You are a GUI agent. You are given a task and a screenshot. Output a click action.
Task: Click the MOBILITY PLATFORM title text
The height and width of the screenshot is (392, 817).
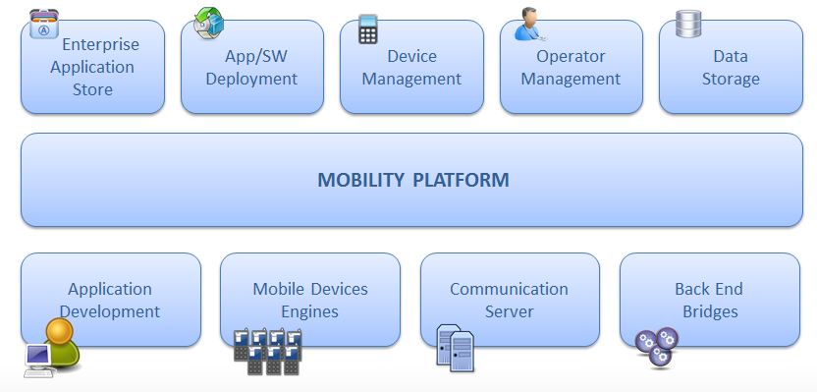click(x=412, y=180)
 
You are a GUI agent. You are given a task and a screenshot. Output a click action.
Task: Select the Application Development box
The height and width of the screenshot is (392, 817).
click(x=110, y=300)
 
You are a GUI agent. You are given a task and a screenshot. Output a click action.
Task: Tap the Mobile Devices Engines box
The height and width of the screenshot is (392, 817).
click(x=310, y=300)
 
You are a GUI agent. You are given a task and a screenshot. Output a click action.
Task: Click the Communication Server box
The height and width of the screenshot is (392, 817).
click(x=509, y=300)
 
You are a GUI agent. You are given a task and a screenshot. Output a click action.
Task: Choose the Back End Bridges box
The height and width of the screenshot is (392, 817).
click(x=709, y=300)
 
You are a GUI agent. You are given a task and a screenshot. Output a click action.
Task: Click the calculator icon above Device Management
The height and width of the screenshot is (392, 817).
click(x=368, y=28)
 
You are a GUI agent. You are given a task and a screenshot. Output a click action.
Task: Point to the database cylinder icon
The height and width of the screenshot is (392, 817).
click(x=687, y=25)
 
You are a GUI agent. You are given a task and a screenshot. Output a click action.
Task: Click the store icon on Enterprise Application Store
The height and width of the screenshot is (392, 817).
click(x=43, y=25)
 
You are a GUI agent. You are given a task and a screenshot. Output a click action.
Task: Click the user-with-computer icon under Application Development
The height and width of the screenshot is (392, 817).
click(x=53, y=348)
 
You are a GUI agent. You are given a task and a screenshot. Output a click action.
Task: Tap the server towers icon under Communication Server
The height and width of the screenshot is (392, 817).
click(x=455, y=347)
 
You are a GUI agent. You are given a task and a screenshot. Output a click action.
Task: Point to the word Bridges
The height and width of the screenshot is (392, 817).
click(x=709, y=311)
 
